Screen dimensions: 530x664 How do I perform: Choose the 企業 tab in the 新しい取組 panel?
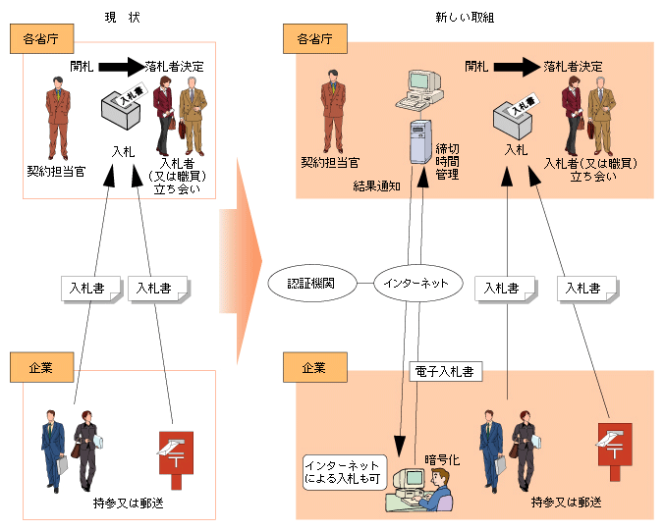[x=314, y=368]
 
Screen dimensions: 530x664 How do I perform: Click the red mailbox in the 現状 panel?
[x=176, y=458]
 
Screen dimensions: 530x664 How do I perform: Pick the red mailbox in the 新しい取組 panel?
[x=614, y=450]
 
